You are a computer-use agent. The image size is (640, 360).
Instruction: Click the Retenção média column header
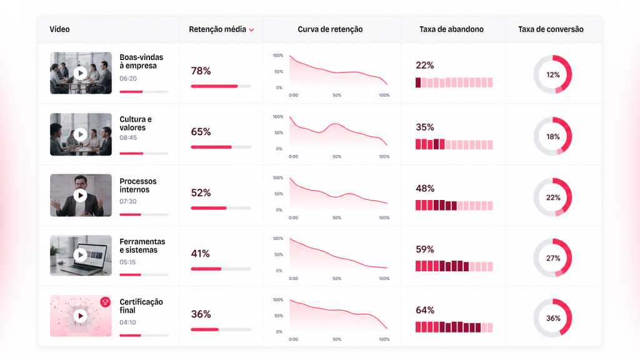click(x=217, y=29)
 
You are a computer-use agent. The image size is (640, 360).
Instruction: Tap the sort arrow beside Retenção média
click(x=251, y=30)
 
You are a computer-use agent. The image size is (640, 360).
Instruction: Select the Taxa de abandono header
click(x=451, y=29)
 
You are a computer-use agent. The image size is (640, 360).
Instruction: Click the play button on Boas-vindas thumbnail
click(x=81, y=73)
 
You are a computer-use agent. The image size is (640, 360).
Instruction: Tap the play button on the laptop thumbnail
click(x=81, y=255)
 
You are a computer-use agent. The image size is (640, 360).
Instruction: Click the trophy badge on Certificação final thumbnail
click(x=105, y=302)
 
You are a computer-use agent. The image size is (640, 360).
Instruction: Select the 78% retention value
click(x=201, y=71)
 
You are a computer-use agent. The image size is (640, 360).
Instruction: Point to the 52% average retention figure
click(x=201, y=192)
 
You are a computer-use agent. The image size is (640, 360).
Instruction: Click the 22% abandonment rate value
click(x=424, y=65)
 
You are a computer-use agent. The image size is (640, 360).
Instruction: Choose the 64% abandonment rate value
click(x=424, y=310)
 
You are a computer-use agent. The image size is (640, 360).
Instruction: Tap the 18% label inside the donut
click(x=553, y=137)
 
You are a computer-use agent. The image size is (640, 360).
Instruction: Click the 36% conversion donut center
click(x=553, y=318)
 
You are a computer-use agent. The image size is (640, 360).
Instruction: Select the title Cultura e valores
click(x=136, y=123)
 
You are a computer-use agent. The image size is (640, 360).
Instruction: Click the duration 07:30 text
click(x=127, y=201)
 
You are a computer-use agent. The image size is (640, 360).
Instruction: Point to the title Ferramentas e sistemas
click(x=142, y=246)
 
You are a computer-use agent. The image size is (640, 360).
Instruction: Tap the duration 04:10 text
click(x=127, y=322)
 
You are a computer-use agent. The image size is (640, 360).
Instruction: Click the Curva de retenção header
click(x=330, y=29)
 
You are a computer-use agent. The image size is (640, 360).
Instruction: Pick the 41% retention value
click(x=201, y=254)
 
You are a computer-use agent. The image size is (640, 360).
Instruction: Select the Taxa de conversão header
click(x=551, y=29)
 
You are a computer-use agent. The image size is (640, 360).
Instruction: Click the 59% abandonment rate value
click(x=424, y=249)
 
